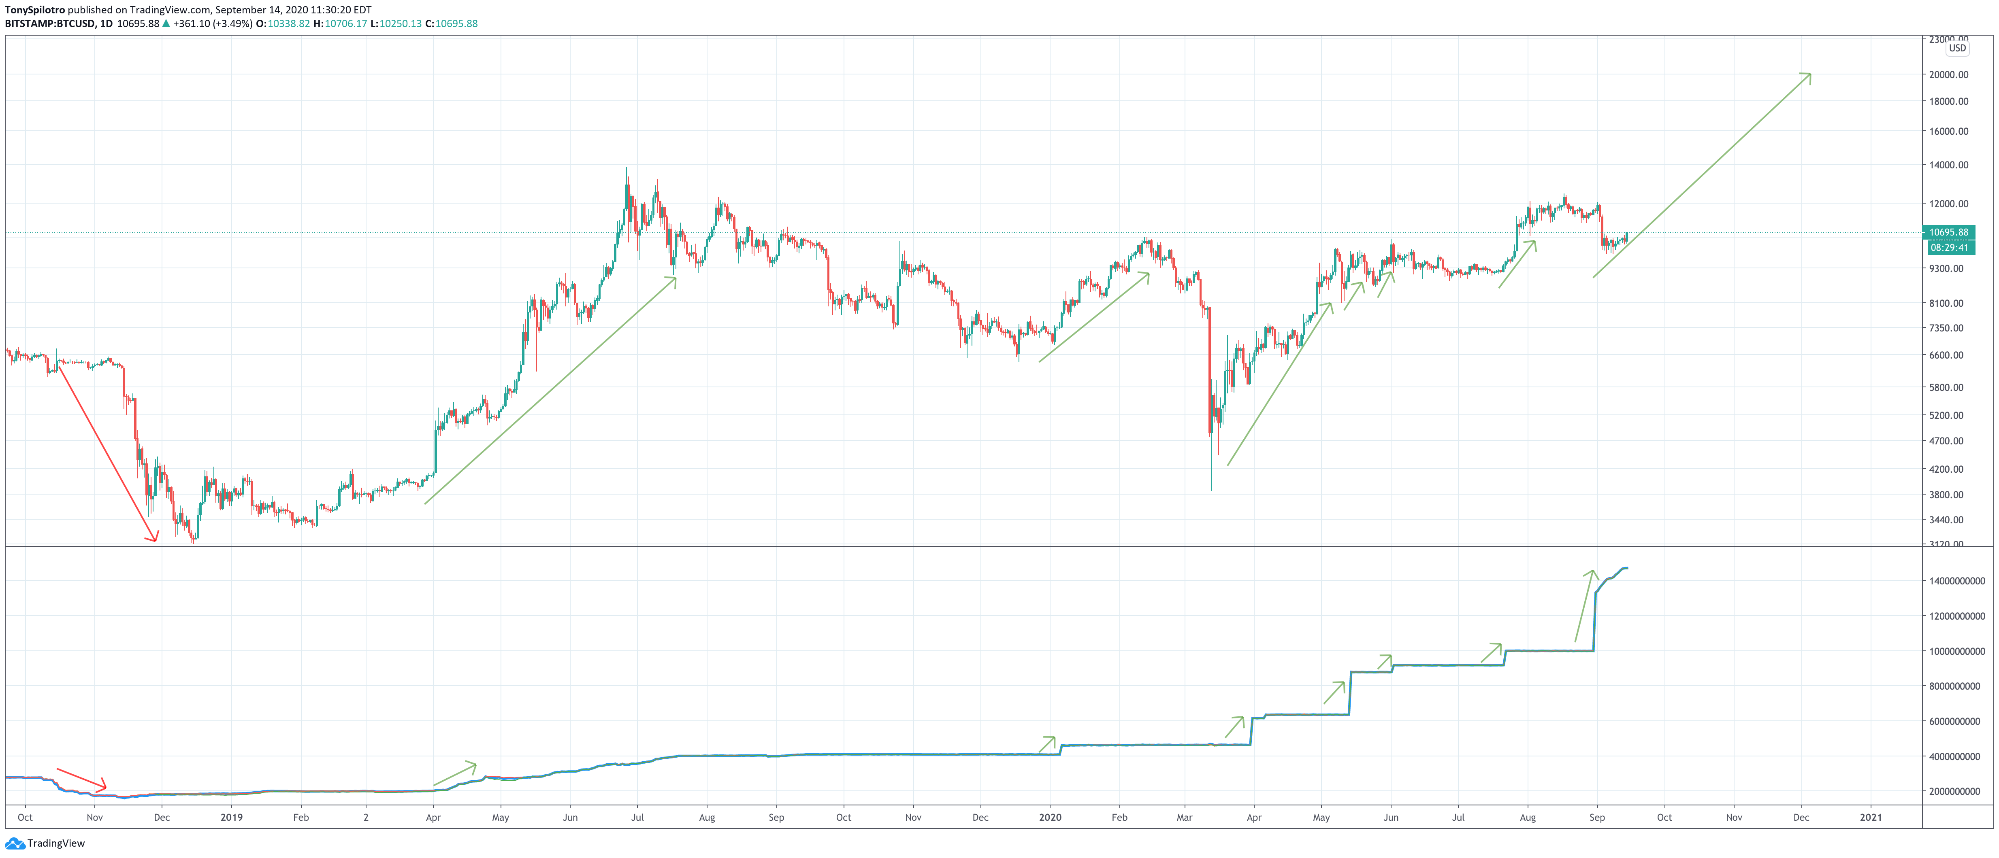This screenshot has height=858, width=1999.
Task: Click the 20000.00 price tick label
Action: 1948,74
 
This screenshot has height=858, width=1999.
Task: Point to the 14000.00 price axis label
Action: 1948,164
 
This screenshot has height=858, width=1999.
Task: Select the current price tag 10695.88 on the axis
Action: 1948,232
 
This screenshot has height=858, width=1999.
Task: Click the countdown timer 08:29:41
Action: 1948,247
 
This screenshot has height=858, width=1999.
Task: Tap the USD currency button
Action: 1957,48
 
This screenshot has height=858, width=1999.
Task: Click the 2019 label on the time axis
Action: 231,817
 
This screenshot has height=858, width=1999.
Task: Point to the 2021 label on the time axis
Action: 1870,817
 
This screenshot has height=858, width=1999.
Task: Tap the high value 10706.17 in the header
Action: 345,24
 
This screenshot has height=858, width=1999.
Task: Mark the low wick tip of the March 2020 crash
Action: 1211,490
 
